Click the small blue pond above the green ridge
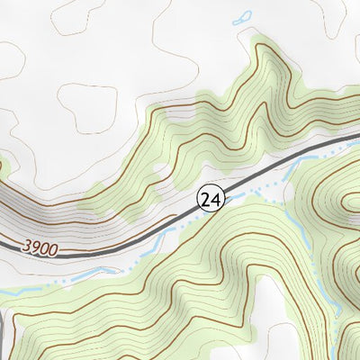(x=241, y=17)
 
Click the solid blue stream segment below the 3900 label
(x=99, y=270)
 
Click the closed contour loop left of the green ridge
(x=88, y=108)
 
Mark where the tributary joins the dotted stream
(x=286, y=178)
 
